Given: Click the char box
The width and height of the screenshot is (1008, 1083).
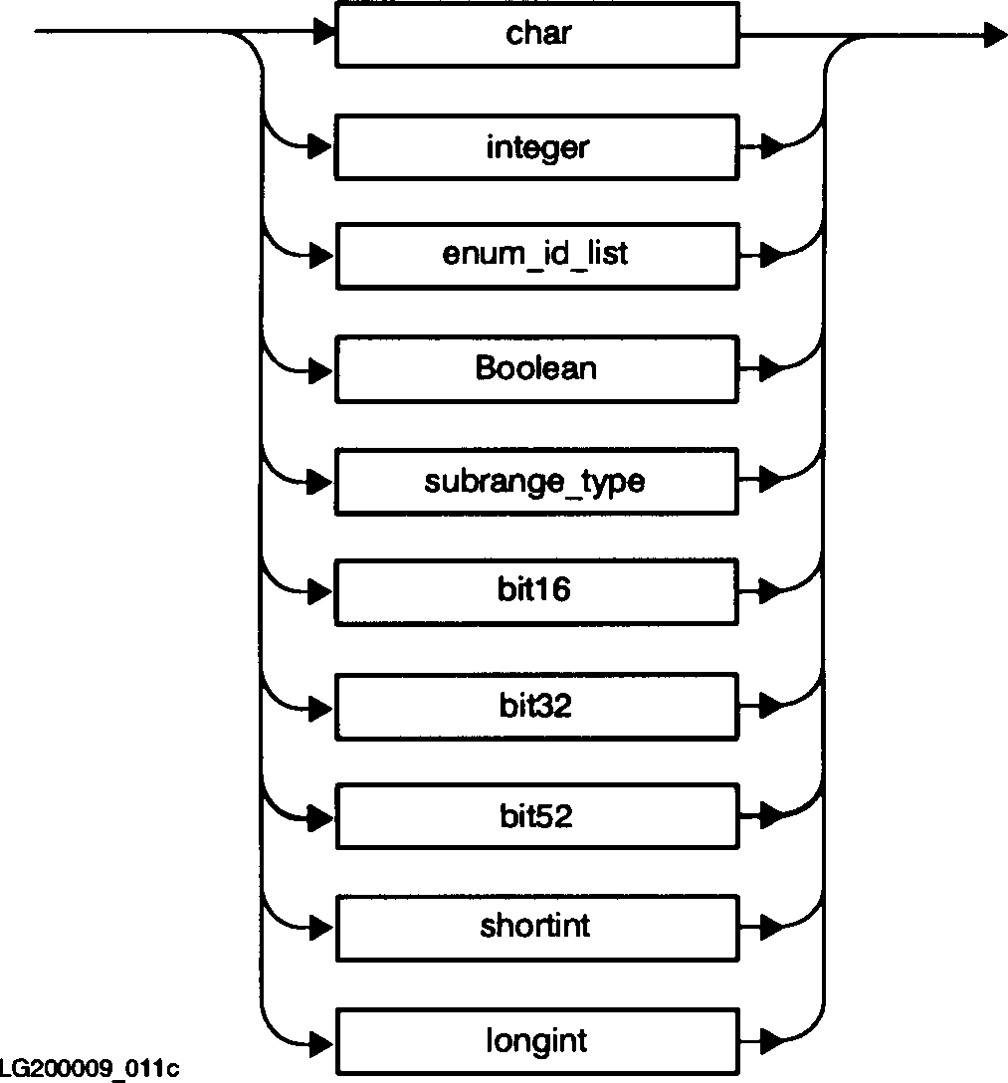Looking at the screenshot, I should (537, 35).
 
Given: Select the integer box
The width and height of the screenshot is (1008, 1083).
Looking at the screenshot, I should (537, 148).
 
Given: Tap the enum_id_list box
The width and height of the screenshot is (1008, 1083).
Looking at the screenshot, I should (537, 256).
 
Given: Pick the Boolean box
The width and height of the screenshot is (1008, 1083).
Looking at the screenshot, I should (537, 369).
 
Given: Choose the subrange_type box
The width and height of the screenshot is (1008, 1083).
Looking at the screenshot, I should (537, 482).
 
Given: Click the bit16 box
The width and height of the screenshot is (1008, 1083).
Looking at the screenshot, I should (537, 591).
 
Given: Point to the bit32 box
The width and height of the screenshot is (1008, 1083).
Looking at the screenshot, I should (537, 707).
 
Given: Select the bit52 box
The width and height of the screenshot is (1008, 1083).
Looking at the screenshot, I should (537, 817).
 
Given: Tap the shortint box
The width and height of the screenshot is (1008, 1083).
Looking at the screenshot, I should (537, 928).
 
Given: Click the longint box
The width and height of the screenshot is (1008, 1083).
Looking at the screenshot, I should (537, 1042).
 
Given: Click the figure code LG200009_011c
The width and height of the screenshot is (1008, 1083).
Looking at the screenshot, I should (90, 1069).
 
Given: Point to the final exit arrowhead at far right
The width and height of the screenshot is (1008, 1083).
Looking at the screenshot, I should (996, 36).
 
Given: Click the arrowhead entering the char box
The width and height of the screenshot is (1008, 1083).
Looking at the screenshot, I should (322, 34).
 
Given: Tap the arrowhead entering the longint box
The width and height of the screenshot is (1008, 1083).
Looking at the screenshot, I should (320, 1042).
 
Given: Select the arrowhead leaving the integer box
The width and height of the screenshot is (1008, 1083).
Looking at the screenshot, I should (770, 148).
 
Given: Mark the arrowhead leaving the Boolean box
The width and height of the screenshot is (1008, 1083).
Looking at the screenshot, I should (770, 369).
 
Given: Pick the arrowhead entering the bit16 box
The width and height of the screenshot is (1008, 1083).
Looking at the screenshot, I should (320, 591).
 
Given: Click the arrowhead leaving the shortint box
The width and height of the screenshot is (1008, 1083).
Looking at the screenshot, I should (770, 928).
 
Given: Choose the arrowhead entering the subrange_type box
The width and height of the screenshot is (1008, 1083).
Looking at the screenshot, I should (320, 482).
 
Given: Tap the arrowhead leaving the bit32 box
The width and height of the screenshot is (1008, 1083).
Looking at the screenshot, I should (770, 707).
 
